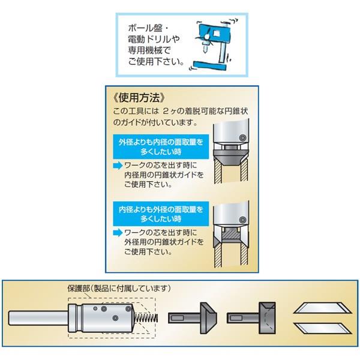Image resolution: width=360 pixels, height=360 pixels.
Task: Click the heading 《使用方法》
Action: tap(139, 98)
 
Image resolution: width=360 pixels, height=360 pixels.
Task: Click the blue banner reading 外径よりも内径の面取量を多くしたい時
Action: tap(161, 147)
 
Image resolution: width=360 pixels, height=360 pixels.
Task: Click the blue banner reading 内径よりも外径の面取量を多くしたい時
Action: tap(161, 214)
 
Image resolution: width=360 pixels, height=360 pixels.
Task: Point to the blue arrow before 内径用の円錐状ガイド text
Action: tap(118, 166)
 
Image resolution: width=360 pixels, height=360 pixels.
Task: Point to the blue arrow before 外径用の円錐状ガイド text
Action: tap(118, 233)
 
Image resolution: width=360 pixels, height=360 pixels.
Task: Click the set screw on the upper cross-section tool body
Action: tap(242, 138)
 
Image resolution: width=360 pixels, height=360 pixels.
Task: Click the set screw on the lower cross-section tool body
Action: tap(242, 220)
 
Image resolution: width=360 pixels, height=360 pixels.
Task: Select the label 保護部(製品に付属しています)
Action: tap(119, 289)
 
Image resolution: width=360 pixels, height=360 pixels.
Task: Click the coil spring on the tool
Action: tap(146, 317)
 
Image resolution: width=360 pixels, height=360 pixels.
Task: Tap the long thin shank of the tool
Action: tap(38, 318)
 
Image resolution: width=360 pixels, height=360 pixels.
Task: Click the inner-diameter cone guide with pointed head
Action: tap(193, 318)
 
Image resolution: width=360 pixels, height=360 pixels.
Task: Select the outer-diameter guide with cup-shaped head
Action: tap(251, 318)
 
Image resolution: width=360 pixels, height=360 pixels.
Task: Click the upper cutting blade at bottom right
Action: tap(322, 308)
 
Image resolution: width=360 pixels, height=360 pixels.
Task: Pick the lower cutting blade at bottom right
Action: tap(322, 328)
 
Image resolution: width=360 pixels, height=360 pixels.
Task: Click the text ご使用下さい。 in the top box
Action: tap(156, 62)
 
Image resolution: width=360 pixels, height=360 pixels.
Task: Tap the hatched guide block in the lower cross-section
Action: tap(231, 234)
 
